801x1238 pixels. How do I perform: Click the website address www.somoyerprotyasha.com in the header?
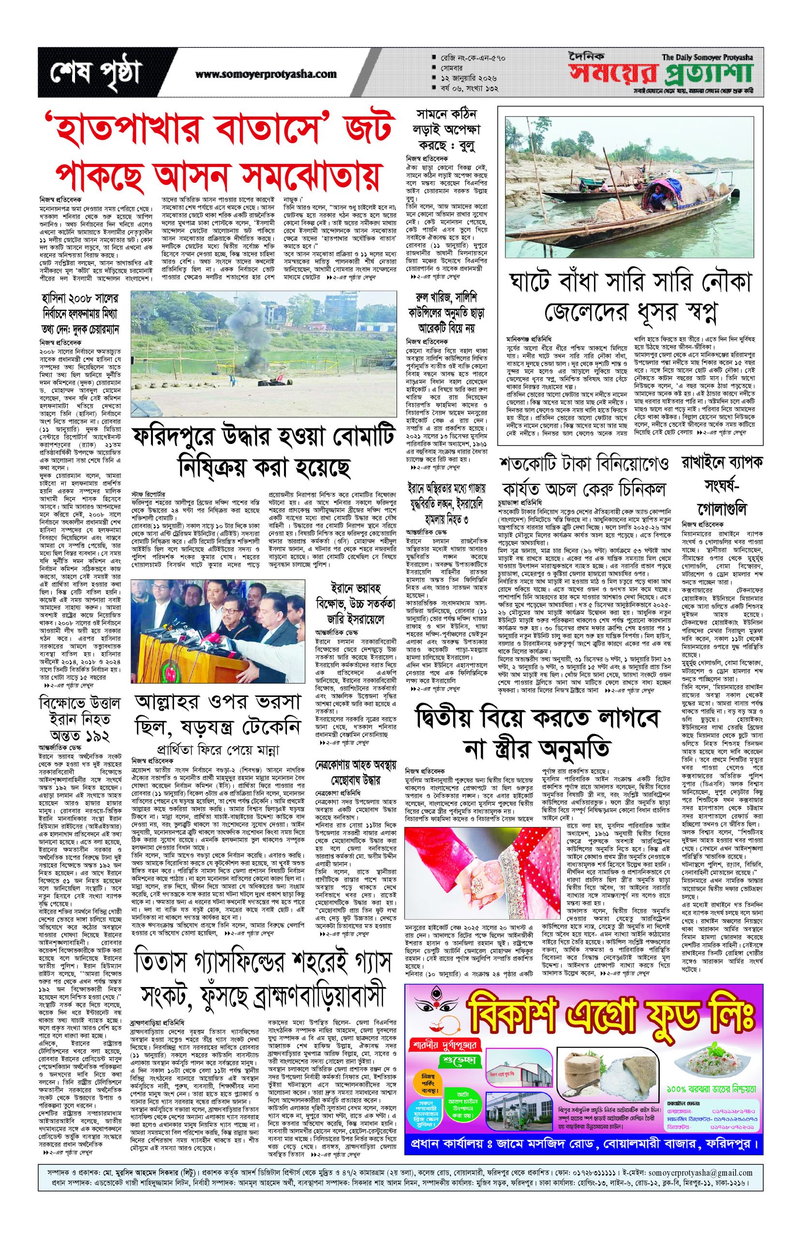tap(266, 74)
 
